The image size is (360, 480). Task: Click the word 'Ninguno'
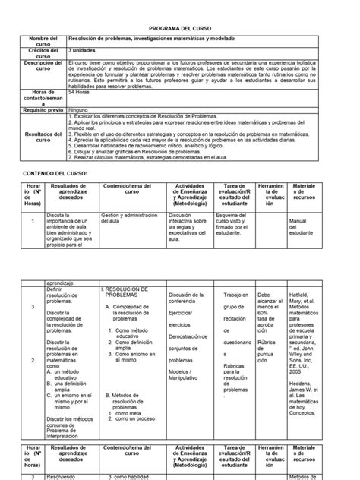pos(80,108)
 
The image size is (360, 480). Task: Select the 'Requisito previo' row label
pos(43,108)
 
